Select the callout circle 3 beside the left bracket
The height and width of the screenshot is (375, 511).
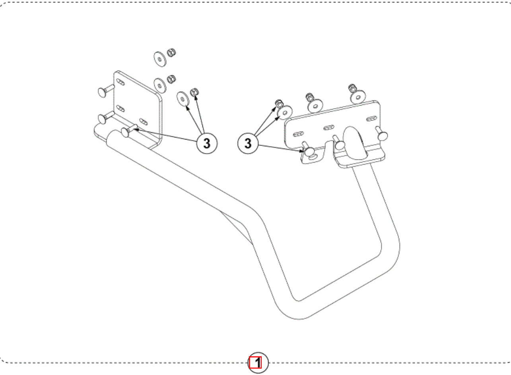click(207, 143)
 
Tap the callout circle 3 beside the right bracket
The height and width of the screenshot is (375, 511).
click(248, 143)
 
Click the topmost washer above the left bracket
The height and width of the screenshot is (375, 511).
click(160, 59)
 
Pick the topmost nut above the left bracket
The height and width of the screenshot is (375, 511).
click(171, 53)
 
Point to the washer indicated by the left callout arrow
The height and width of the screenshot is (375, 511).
click(183, 99)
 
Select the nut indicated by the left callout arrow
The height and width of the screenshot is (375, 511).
click(194, 92)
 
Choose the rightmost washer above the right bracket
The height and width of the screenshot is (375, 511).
click(358, 97)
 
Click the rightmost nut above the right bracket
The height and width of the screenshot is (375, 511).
click(352, 88)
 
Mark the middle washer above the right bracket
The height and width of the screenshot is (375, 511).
click(315, 106)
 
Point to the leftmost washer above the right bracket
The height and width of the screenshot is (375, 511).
click(285, 112)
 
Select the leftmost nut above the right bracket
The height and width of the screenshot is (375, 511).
click(279, 104)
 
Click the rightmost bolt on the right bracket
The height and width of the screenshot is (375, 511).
click(382, 134)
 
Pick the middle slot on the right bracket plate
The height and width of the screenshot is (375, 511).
click(329, 128)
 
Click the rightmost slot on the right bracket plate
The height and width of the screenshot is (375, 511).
click(371, 119)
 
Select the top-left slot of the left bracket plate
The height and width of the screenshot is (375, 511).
click(120, 82)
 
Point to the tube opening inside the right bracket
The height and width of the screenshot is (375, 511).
click(355, 143)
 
